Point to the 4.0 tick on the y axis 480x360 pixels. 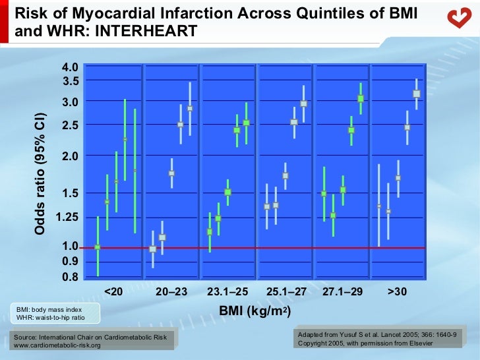[x=70, y=67]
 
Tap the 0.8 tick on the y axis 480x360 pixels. [x=70, y=276]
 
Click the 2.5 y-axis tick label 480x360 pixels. [x=70, y=125]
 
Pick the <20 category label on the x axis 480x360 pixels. [x=113, y=292]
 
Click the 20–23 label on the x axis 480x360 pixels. [x=171, y=292]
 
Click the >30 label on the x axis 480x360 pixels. [x=397, y=292]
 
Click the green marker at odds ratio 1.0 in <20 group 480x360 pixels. [x=98, y=247]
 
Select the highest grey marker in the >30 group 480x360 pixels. [x=416, y=94]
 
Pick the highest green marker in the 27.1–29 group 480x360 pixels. [x=361, y=99]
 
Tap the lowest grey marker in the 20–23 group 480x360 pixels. [x=153, y=249]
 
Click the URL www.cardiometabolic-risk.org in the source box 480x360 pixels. [x=57, y=345]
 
